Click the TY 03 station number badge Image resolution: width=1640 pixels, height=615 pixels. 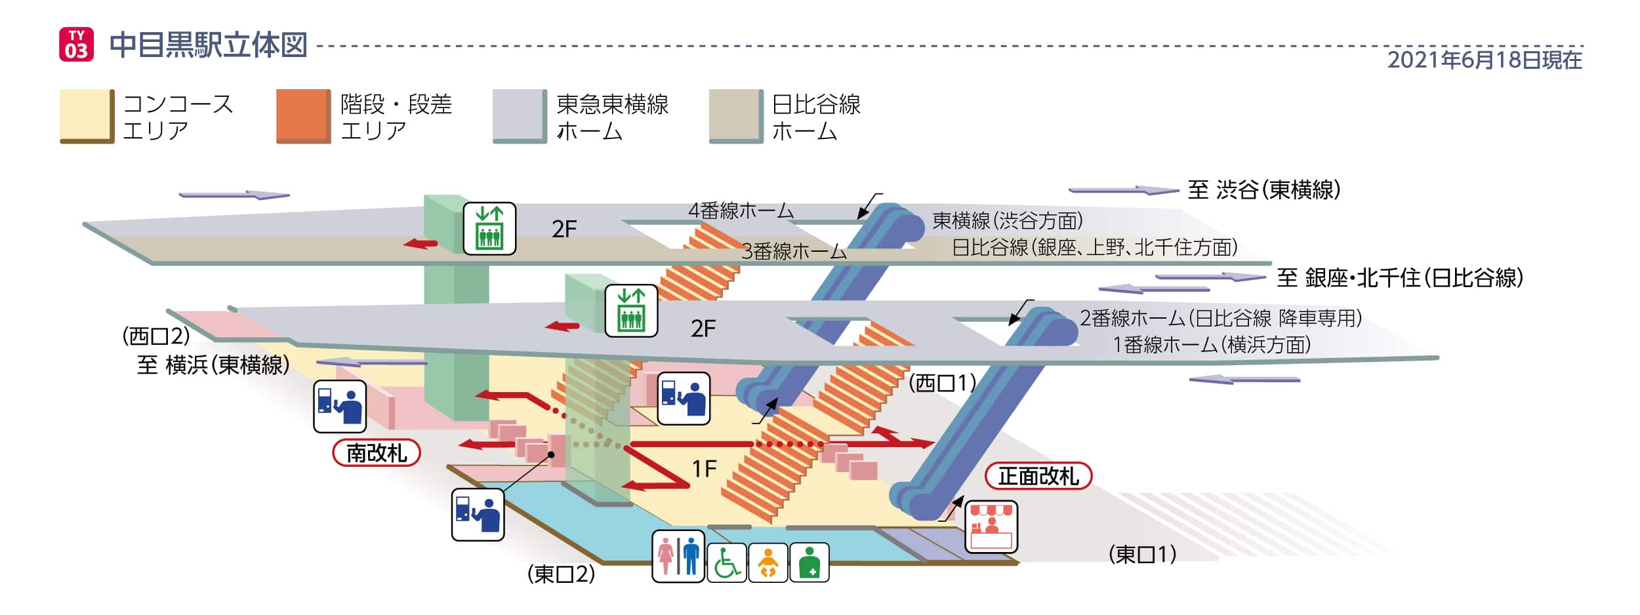point(76,45)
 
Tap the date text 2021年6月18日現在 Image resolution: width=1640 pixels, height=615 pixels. point(1484,60)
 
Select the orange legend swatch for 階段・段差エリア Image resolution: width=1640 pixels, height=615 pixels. point(302,116)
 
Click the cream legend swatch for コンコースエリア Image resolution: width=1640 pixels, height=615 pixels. point(86,116)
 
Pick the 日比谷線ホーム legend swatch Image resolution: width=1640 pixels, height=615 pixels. point(735,116)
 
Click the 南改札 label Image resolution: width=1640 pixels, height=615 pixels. point(376,452)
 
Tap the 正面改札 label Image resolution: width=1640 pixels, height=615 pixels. point(1038,476)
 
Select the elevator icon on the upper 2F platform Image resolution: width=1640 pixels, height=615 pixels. point(489,228)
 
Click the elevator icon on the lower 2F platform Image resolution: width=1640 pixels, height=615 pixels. point(630,311)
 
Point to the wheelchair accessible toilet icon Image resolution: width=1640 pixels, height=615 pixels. point(726,563)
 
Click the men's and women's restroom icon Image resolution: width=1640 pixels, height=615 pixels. point(678,557)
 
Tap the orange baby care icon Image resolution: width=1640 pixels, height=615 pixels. point(768,563)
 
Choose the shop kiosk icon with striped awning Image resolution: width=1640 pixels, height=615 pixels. point(991,526)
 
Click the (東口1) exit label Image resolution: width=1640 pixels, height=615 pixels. point(1142,555)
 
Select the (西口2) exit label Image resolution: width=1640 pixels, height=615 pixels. point(156,336)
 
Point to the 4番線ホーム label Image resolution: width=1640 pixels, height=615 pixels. point(741,210)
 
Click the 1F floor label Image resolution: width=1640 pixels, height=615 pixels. point(704,469)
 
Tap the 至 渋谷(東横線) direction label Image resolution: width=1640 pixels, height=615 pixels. point(1263,190)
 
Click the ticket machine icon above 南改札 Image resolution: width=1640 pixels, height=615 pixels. point(339,407)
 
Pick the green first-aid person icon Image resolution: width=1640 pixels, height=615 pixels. point(809,563)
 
